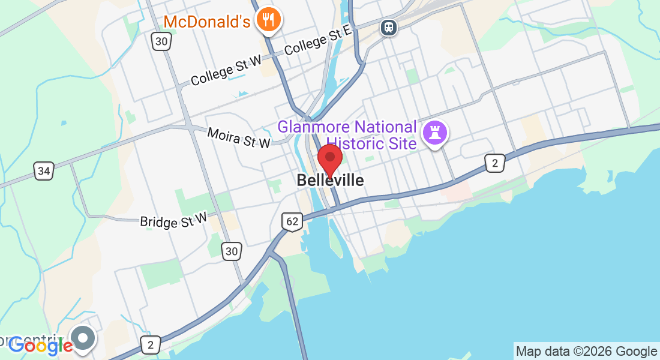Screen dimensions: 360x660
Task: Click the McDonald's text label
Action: pyautogui.click(x=206, y=22)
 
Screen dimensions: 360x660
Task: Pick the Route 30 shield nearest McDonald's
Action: pyautogui.click(x=161, y=41)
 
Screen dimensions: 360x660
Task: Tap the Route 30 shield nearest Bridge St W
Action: pyautogui.click(x=232, y=251)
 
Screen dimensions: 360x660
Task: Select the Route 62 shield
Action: pyautogui.click(x=292, y=221)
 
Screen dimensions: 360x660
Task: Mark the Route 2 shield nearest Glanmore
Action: pyautogui.click(x=495, y=163)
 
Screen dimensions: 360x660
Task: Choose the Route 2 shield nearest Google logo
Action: pyautogui.click(x=151, y=344)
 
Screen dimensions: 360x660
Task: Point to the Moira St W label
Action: pyautogui.click(x=238, y=136)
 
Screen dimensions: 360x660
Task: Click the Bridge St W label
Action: pyautogui.click(x=173, y=220)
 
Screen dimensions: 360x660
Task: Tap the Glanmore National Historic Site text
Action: pyautogui.click(x=347, y=135)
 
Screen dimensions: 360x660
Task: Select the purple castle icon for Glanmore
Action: pyautogui.click(x=435, y=133)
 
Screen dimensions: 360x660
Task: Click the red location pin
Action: pyautogui.click(x=329, y=159)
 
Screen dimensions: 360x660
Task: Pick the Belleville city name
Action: pyautogui.click(x=330, y=180)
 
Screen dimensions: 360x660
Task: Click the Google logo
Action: pyautogui.click(x=40, y=345)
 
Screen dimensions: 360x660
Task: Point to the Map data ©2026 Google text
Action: pyautogui.click(x=586, y=352)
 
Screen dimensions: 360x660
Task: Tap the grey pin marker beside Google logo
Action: pyautogui.click(x=83, y=338)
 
